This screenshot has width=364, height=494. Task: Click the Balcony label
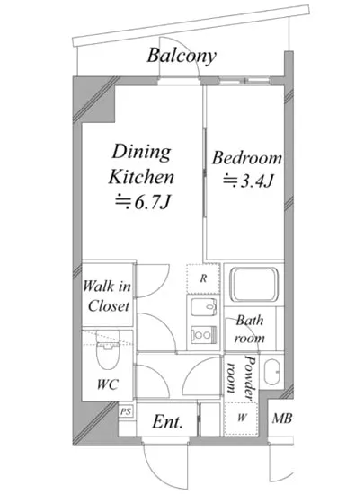click(182, 57)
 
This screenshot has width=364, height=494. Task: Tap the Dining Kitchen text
click(141, 164)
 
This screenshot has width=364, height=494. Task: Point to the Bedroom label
click(247, 158)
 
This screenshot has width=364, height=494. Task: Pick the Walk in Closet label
click(107, 296)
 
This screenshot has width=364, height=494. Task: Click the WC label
click(108, 384)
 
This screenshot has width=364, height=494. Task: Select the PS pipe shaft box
click(126, 411)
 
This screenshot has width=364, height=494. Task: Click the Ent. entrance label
click(167, 421)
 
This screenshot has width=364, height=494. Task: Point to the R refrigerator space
click(203, 278)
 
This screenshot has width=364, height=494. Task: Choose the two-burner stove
click(204, 335)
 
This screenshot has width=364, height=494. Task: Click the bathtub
click(254, 285)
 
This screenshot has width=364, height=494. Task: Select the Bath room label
click(249, 330)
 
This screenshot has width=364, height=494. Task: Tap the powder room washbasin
click(271, 373)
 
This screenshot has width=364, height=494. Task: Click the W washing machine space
click(241, 419)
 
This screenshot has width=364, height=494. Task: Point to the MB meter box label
click(281, 419)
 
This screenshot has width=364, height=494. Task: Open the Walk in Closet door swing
click(153, 281)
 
